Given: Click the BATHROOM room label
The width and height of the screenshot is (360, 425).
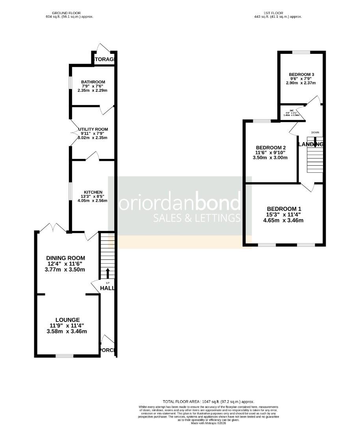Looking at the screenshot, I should pyautogui.click(x=93, y=82).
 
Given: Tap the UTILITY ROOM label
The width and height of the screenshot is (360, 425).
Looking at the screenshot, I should pyautogui.click(x=93, y=129).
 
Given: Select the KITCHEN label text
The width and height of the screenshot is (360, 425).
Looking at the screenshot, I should pyautogui.click(x=93, y=192).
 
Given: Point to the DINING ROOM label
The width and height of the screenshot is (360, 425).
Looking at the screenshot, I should pyautogui.click(x=66, y=258).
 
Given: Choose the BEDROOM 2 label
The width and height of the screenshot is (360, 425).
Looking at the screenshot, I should pyautogui.click(x=270, y=148).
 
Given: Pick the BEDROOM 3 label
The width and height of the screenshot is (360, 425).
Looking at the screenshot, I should pyautogui.click(x=301, y=74).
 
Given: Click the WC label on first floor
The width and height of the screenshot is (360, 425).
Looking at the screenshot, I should pyautogui.click(x=292, y=110).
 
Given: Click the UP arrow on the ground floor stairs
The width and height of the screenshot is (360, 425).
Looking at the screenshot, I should pyautogui.click(x=108, y=273).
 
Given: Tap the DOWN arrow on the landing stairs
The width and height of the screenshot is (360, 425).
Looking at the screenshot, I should pyautogui.click(x=315, y=143).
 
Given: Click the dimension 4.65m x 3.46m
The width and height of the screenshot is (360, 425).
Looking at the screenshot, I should pyautogui.click(x=283, y=220).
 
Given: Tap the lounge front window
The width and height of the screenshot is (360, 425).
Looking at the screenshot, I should pyautogui.click(x=64, y=356).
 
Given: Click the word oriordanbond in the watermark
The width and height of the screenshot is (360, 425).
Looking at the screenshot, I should pyautogui.click(x=180, y=203).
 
